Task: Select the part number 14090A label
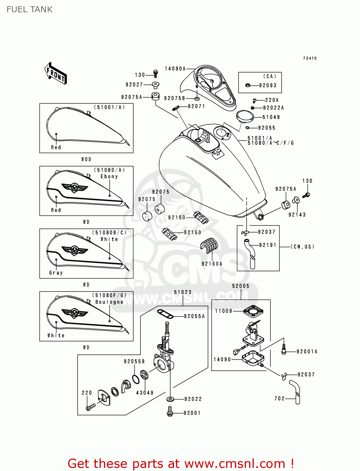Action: (x=175, y=69)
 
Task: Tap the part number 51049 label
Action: (x=271, y=117)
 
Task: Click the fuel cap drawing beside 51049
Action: (x=245, y=116)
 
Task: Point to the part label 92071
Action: (x=196, y=106)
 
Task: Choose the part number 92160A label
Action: (x=212, y=264)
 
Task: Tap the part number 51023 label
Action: (x=183, y=292)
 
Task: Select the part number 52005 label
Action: (x=241, y=286)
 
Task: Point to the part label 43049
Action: (x=145, y=393)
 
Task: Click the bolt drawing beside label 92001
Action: (x=170, y=412)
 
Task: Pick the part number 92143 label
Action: (x=297, y=215)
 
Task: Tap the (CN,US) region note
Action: (x=303, y=247)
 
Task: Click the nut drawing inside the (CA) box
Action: (x=248, y=85)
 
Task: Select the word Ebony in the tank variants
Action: (x=109, y=176)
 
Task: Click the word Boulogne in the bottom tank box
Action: (x=109, y=302)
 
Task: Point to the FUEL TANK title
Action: (x=30, y=9)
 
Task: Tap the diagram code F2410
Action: (x=310, y=58)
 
